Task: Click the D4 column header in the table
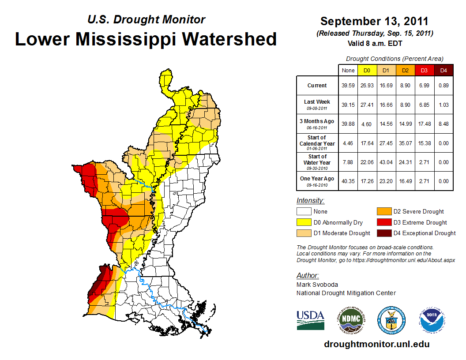pyautogui.click(x=443, y=70)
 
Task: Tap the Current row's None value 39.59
pyautogui.click(x=348, y=86)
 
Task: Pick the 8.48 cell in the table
pyautogui.click(x=443, y=124)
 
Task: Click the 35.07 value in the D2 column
pyautogui.click(x=405, y=143)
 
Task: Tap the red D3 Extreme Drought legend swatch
pyautogui.click(x=383, y=222)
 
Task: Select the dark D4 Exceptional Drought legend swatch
pyautogui.click(x=383, y=233)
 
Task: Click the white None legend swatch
pyautogui.click(x=304, y=212)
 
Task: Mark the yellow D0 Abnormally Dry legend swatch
pyautogui.click(x=304, y=222)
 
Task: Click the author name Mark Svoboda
pyautogui.click(x=317, y=285)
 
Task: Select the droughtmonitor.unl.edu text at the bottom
pyautogui.click(x=376, y=344)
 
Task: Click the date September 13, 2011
pyautogui.click(x=374, y=21)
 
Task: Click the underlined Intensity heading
pyautogui.click(x=310, y=200)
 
